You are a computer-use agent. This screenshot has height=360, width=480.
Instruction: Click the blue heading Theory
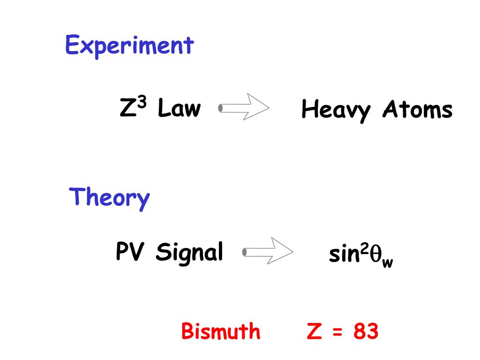[x=109, y=197]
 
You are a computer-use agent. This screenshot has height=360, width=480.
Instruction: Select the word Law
[x=179, y=109]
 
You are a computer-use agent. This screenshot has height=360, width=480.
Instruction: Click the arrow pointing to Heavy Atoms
[x=244, y=108]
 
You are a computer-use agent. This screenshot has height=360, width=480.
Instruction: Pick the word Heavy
[x=336, y=111]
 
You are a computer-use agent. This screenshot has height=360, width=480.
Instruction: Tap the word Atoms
[x=418, y=110]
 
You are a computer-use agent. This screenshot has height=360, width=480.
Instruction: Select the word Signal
[x=189, y=254]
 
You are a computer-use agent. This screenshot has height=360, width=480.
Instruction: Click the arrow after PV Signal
[x=268, y=252]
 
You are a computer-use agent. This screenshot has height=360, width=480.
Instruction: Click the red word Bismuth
[x=221, y=332]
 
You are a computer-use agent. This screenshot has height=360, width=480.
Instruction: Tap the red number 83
[x=366, y=332]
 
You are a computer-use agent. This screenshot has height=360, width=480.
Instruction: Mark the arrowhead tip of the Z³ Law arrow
[x=269, y=108]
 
